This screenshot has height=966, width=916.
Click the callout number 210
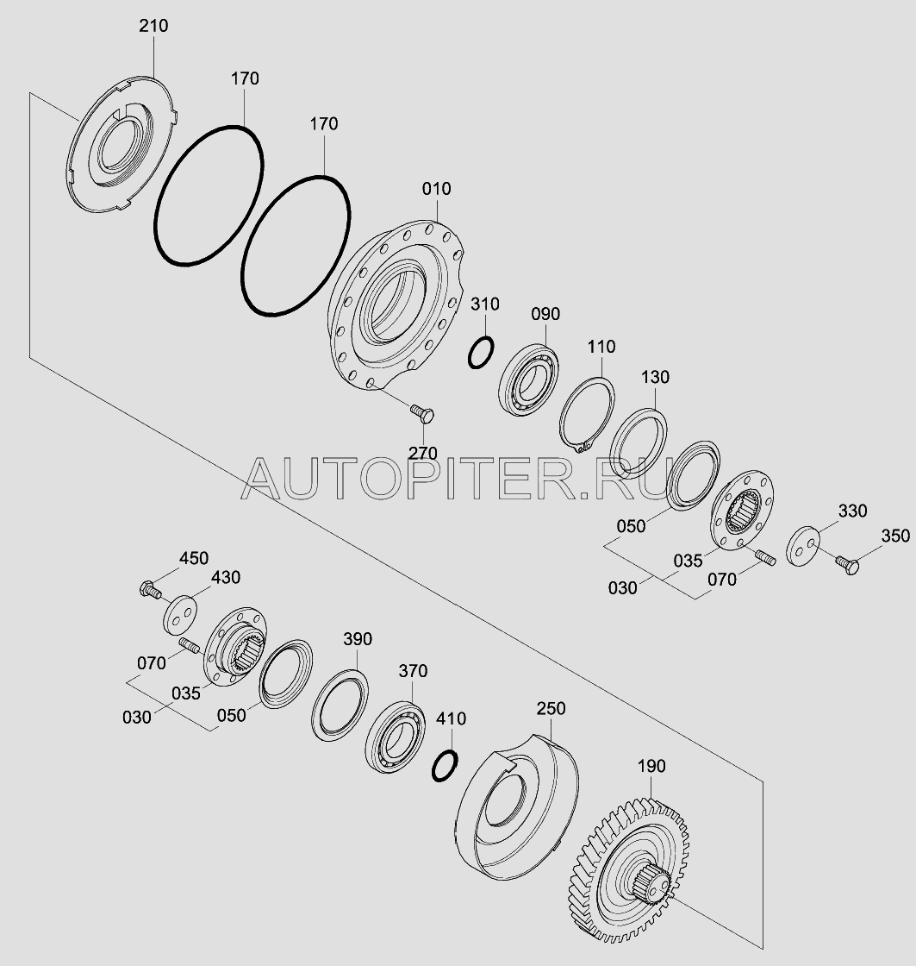coord(153,26)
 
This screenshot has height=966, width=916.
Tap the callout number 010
coord(436,189)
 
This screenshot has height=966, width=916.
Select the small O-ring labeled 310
coord(481,353)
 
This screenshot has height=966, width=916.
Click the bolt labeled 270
coord(422,413)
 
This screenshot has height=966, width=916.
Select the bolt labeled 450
coord(151,590)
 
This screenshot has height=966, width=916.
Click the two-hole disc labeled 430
coord(180,613)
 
